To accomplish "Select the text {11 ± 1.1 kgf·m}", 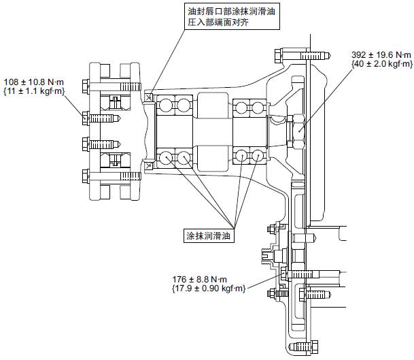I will pyautogui.click(x=36, y=89).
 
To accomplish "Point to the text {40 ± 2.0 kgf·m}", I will pyautogui.click(x=381, y=64).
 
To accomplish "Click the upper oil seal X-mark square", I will pyautogui.click(x=150, y=97).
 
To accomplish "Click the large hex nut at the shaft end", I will pyautogui.click(x=297, y=131).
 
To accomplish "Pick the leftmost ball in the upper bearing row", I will pyautogui.click(x=166, y=105).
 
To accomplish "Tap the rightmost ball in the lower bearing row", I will pyautogui.click(x=258, y=157).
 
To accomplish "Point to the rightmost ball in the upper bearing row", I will pyautogui.click(x=258, y=106).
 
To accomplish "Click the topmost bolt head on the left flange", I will pyautogui.click(x=85, y=86).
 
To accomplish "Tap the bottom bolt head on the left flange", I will pyautogui.click(x=85, y=178).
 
